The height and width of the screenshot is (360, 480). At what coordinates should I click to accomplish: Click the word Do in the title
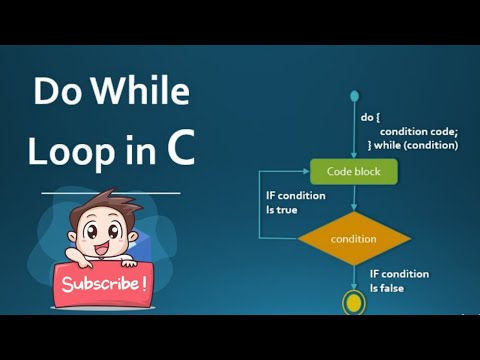(x=56, y=93)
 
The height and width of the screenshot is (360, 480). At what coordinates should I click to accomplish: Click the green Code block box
(x=353, y=172)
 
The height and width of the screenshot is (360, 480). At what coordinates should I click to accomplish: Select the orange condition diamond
(x=353, y=239)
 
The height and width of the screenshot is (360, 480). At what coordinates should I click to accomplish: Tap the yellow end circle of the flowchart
(x=353, y=301)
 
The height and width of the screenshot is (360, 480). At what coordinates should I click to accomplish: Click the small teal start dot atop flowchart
(x=353, y=97)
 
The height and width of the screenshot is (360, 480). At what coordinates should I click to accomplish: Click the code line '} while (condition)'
(x=412, y=145)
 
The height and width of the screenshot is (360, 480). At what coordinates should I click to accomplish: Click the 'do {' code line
(x=370, y=117)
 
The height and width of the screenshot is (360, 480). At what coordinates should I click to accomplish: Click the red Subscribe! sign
(x=104, y=283)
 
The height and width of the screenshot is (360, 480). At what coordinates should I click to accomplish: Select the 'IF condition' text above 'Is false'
(x=399, y=274)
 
